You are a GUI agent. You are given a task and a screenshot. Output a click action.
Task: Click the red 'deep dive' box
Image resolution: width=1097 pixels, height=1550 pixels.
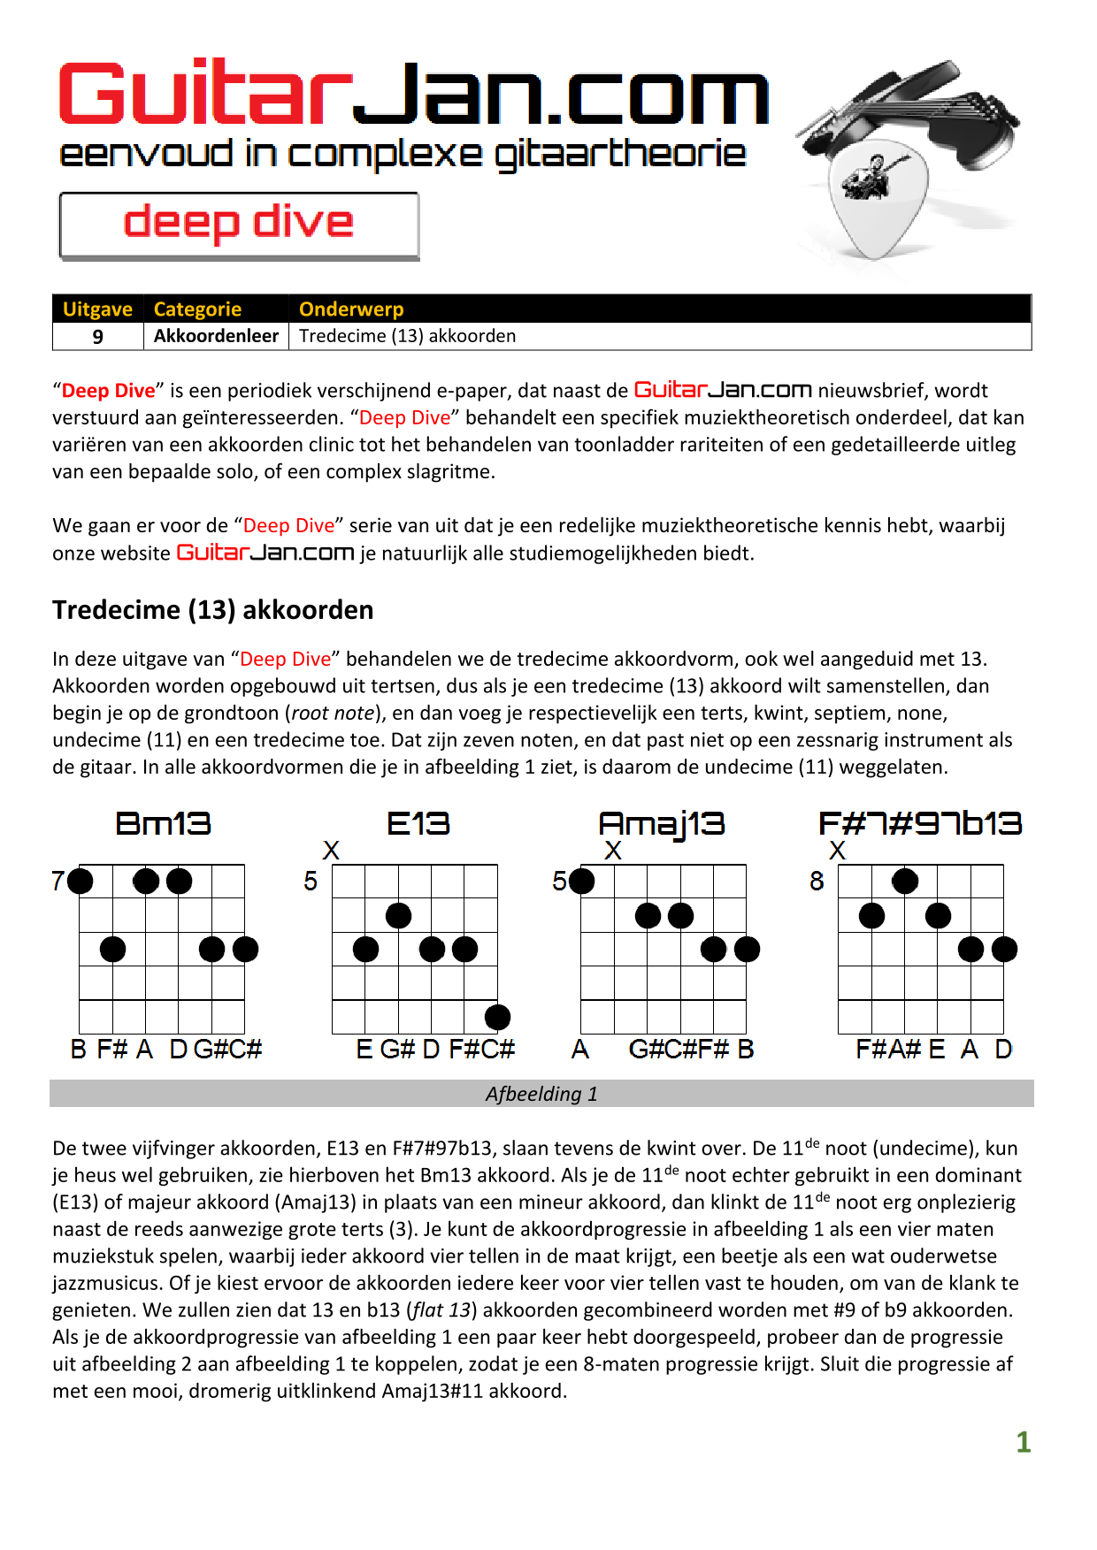tap(239, 225)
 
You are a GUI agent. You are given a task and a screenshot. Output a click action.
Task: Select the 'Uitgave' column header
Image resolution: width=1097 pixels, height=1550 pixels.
tap(97, 309)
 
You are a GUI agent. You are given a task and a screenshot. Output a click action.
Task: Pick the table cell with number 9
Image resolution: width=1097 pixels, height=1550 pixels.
tap(98, 337)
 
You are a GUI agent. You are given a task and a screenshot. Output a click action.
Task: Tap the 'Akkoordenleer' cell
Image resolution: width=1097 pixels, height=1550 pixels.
tap(216, 336)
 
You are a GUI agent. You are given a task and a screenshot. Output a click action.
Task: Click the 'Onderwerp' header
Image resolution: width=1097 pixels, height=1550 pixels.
tap(351, 309)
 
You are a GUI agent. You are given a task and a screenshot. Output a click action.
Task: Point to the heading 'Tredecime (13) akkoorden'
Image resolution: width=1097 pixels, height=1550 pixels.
tap(212, 610)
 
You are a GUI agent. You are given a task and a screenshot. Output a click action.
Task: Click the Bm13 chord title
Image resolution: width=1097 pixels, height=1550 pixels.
tap(164, 824)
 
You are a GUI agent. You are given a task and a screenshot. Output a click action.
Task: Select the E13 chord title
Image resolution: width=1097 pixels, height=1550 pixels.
tap(418, 824)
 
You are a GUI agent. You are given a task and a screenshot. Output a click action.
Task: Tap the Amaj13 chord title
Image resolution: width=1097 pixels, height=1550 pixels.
tap(662, 824)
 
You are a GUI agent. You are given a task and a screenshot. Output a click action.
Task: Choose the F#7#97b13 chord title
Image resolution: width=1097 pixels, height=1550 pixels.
tap(920, 824)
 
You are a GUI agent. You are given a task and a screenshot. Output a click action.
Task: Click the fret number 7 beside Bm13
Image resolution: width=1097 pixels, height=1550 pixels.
tap(58, 881)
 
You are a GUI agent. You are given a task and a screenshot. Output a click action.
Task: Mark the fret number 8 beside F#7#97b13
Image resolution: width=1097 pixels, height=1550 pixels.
tap(817, 881)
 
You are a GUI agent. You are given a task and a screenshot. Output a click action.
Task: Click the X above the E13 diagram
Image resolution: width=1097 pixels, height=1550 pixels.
tap(331, 851)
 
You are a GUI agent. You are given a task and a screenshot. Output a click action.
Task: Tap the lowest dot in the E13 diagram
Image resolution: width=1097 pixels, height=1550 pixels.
tap(497, 1017)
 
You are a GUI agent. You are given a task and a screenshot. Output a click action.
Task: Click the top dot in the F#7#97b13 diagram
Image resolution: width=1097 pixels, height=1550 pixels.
tap(904, 881)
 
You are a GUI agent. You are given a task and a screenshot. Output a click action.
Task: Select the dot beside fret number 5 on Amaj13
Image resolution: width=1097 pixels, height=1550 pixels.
tap(581, 881)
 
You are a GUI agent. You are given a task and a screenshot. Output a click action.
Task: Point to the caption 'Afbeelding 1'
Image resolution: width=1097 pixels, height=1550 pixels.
tap(541, 1094)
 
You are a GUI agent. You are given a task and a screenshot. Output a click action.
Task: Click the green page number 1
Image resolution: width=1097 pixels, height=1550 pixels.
tap(1024, 1442)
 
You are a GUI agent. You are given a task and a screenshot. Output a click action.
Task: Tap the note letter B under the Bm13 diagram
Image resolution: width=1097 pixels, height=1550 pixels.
tap(79, 1050)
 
